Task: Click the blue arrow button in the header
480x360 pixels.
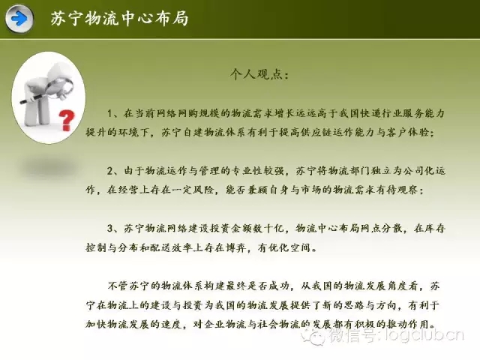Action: point(19,19)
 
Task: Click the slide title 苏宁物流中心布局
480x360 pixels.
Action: point(119,18)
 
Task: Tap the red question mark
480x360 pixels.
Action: point(67,120)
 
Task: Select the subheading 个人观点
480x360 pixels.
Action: point(259,74)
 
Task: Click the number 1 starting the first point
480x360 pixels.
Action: point(109,114)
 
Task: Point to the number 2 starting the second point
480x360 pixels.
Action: point(110,171)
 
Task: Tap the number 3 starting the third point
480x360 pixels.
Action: point(110,228)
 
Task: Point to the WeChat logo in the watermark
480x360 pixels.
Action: point(312,336)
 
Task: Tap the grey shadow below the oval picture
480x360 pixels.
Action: point(49,167)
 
